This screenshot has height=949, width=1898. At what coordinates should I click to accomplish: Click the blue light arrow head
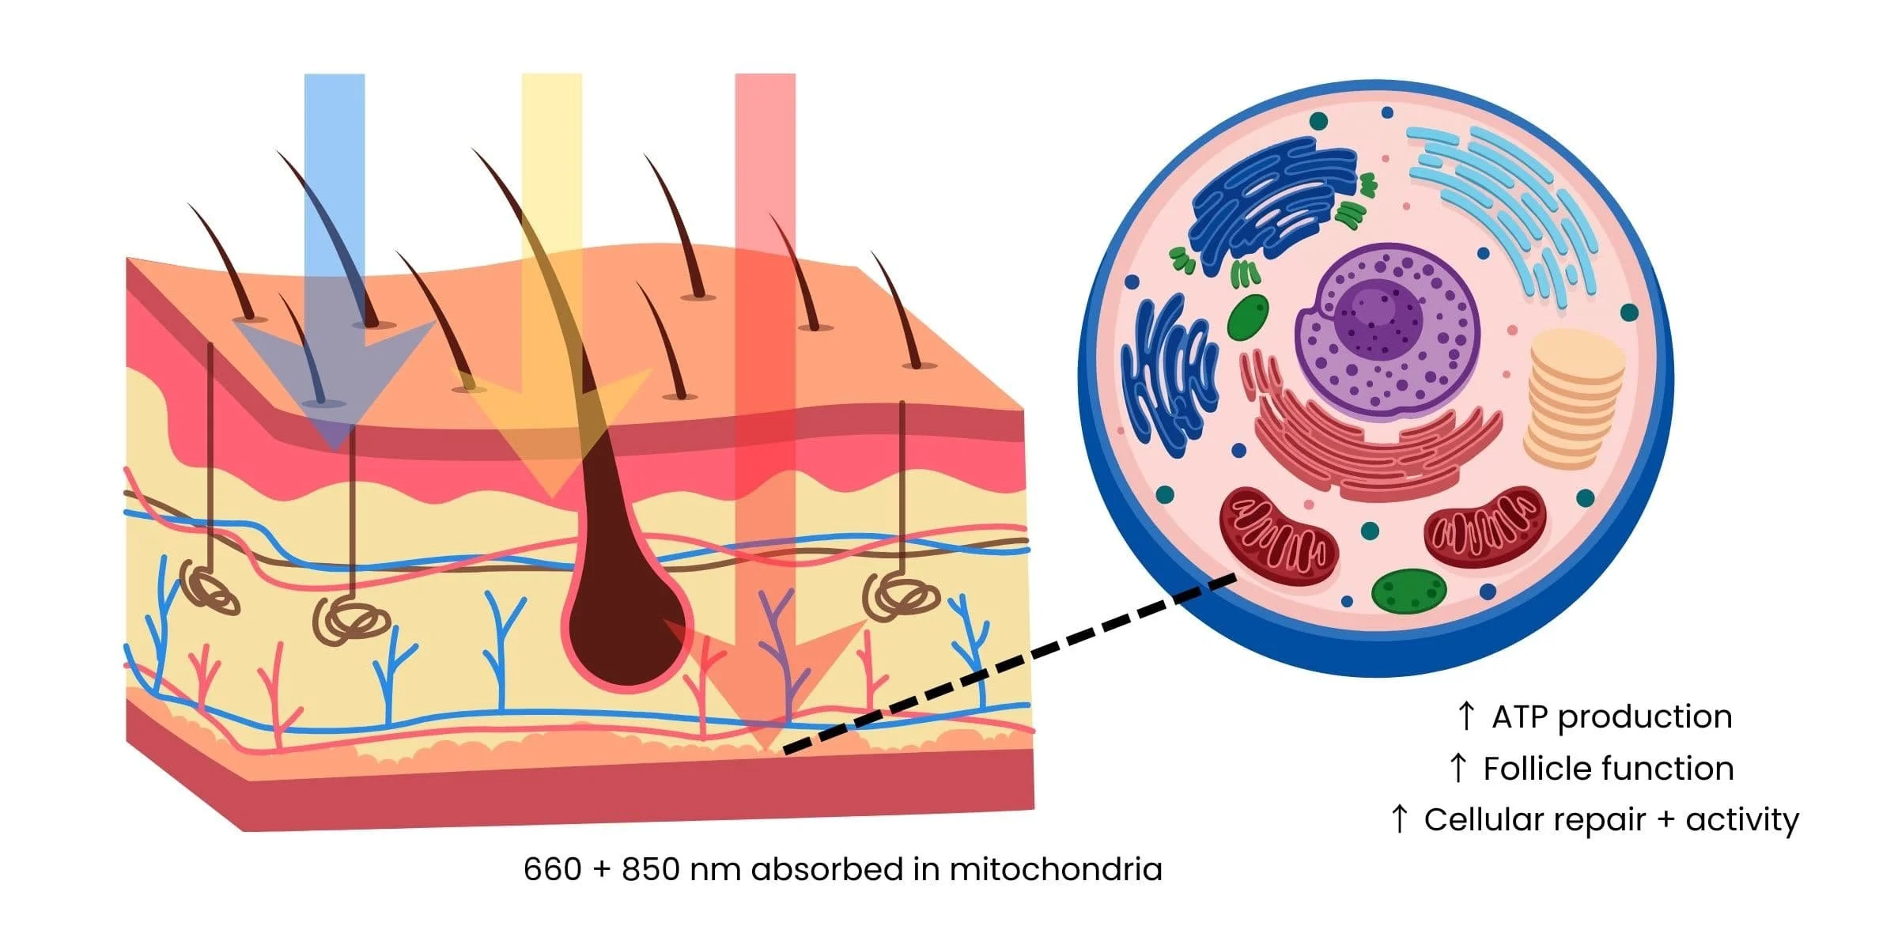(x=335, y=380)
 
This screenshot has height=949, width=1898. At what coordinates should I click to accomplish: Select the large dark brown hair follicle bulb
(x=625, y=625)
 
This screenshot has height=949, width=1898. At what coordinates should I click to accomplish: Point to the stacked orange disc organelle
(x=1574, y=399)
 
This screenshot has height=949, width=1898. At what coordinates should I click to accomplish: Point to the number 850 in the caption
(x=650, y=870)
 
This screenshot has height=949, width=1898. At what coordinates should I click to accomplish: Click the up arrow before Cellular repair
(x=1399, y=819)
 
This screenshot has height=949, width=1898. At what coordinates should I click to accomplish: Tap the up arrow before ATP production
(x=1465, y=716)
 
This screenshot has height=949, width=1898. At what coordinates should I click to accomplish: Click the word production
(x=1645, y=717)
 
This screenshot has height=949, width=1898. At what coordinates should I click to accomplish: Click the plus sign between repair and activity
(x=1665, y=821)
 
